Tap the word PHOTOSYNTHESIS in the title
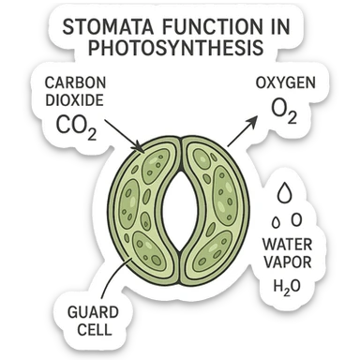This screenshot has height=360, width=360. coord(179,49)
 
